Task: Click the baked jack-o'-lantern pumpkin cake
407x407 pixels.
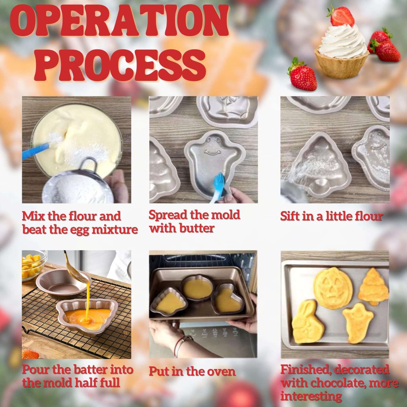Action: click(333, 286)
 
